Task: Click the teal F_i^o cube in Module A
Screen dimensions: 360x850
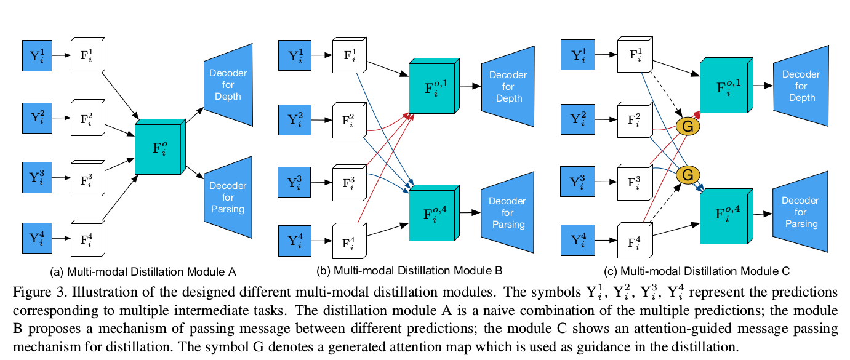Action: (x=159, y=148)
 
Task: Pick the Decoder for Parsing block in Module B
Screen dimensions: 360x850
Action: (x=508, y=213)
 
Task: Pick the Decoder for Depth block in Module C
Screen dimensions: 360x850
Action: (x=800, y=86)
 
